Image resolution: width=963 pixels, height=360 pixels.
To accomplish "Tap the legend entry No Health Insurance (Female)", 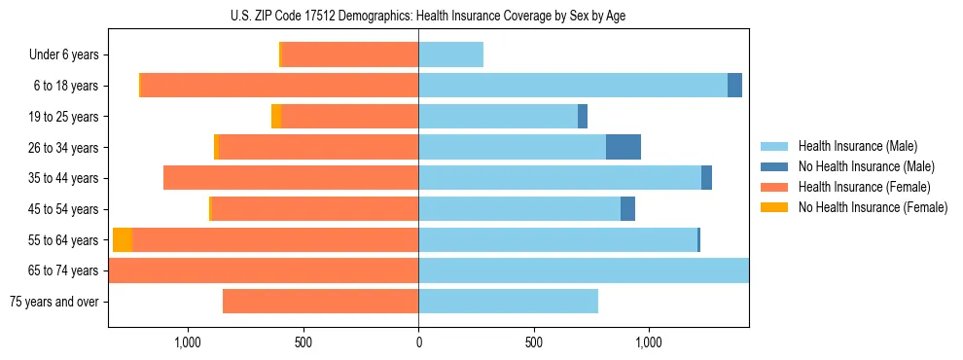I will [x=873, y=207].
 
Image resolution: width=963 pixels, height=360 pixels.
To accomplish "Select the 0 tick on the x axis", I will [x=418, y=342].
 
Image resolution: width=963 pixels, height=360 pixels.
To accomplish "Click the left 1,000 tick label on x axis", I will [x=187, y=342].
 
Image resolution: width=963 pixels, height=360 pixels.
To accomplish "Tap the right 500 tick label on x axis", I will [x=533, y=342].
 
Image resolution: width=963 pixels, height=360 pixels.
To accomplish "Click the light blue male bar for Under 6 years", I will [x=450, y=55].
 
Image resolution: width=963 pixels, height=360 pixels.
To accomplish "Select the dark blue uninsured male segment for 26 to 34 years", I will [x=623, y=147].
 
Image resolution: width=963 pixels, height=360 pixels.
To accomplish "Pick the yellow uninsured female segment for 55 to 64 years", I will [x=123, y=240].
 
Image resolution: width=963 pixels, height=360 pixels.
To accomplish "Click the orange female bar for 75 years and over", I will [x=320, y=302].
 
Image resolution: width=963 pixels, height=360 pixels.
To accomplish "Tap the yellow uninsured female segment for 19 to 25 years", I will [x=276, y=117].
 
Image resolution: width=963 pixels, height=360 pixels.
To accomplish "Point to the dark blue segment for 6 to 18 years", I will [x=734, y=86].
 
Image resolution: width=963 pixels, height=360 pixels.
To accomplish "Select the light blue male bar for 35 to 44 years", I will [x=559, y=178].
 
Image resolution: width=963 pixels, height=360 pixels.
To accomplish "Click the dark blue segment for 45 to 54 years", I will [x=627, y=209].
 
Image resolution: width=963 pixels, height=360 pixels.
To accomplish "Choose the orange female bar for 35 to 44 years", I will [x=291, y=178].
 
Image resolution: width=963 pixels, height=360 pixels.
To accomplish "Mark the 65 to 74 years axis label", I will [x=63, y=270].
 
